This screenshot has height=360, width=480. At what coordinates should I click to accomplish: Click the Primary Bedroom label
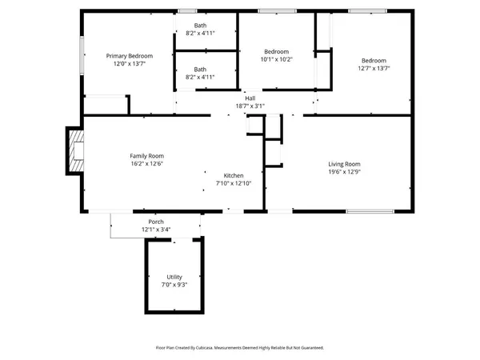130,56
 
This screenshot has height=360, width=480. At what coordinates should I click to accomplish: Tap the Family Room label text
147,156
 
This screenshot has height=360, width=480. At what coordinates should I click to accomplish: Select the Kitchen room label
234,175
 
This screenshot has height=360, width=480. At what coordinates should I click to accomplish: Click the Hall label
250,98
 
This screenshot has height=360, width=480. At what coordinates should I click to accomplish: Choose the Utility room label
173,277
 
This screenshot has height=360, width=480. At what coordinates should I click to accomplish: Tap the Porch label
156,222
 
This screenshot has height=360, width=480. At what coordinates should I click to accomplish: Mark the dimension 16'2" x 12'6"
147,165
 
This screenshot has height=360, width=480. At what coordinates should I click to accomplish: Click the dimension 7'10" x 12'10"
234,184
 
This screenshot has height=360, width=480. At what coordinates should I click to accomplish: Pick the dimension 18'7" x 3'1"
250,106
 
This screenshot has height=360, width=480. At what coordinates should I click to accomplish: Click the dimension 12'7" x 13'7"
374,69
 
